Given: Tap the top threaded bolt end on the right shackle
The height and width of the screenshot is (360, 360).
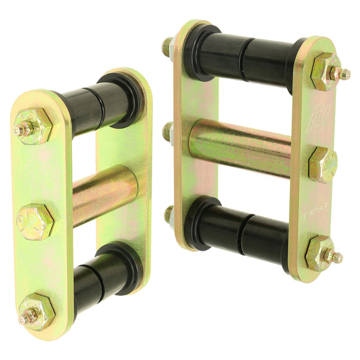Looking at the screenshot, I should click(168, 46).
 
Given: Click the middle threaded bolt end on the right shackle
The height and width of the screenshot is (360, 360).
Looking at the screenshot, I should click(168, 132).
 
